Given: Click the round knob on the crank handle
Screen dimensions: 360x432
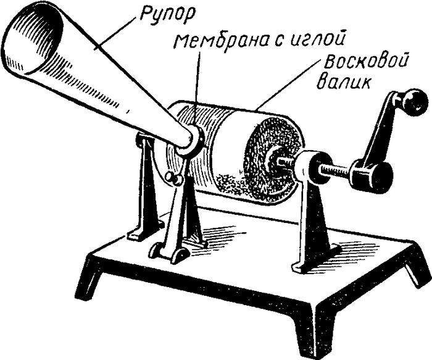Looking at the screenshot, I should click(x=415, y=99).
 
